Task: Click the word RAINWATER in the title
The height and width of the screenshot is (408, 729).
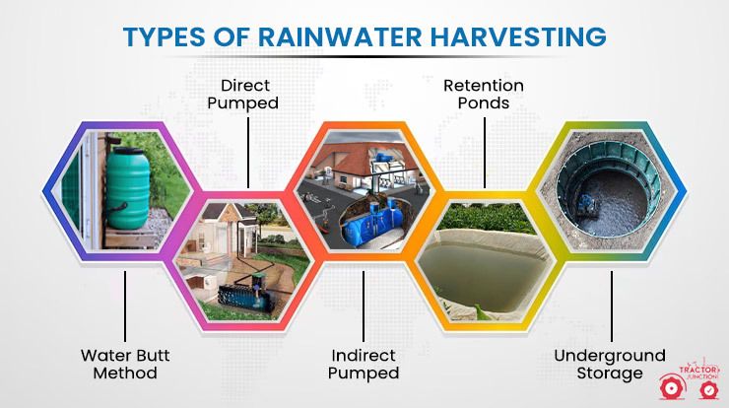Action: click(x=340, y=36)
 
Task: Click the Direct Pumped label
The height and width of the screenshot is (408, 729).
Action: click(x=243, y=94)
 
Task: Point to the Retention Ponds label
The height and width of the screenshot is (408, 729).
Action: click(x=484, y=94)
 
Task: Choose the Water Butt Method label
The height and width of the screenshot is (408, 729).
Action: click(x=125, y=365)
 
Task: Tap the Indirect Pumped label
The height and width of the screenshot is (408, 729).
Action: click(x=364, y=365)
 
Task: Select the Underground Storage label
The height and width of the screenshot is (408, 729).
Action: click(x=610, y=365)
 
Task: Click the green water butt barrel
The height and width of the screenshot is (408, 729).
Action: click(x=128, y=187)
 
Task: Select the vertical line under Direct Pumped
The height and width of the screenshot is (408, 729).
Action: click(x=248, y=153)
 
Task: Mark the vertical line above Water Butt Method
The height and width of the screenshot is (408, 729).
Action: click(x=125, y=306)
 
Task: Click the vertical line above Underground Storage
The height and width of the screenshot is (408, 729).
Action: click(x=612, y=306)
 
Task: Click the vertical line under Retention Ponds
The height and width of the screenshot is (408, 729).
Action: click(x=485, y=153)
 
